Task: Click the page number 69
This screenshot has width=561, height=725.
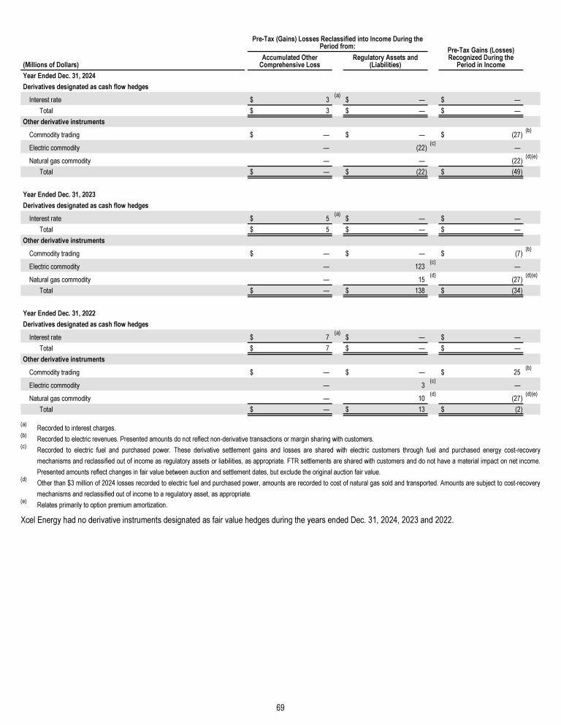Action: coord(280,707)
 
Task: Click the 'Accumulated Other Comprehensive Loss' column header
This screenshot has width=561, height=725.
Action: coord(289,61)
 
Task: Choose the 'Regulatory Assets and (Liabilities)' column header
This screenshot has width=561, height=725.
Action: coord(385,61)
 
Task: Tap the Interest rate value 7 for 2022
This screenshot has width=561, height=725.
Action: coord(328,337)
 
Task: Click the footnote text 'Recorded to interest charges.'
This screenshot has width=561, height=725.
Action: coord(80,426)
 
